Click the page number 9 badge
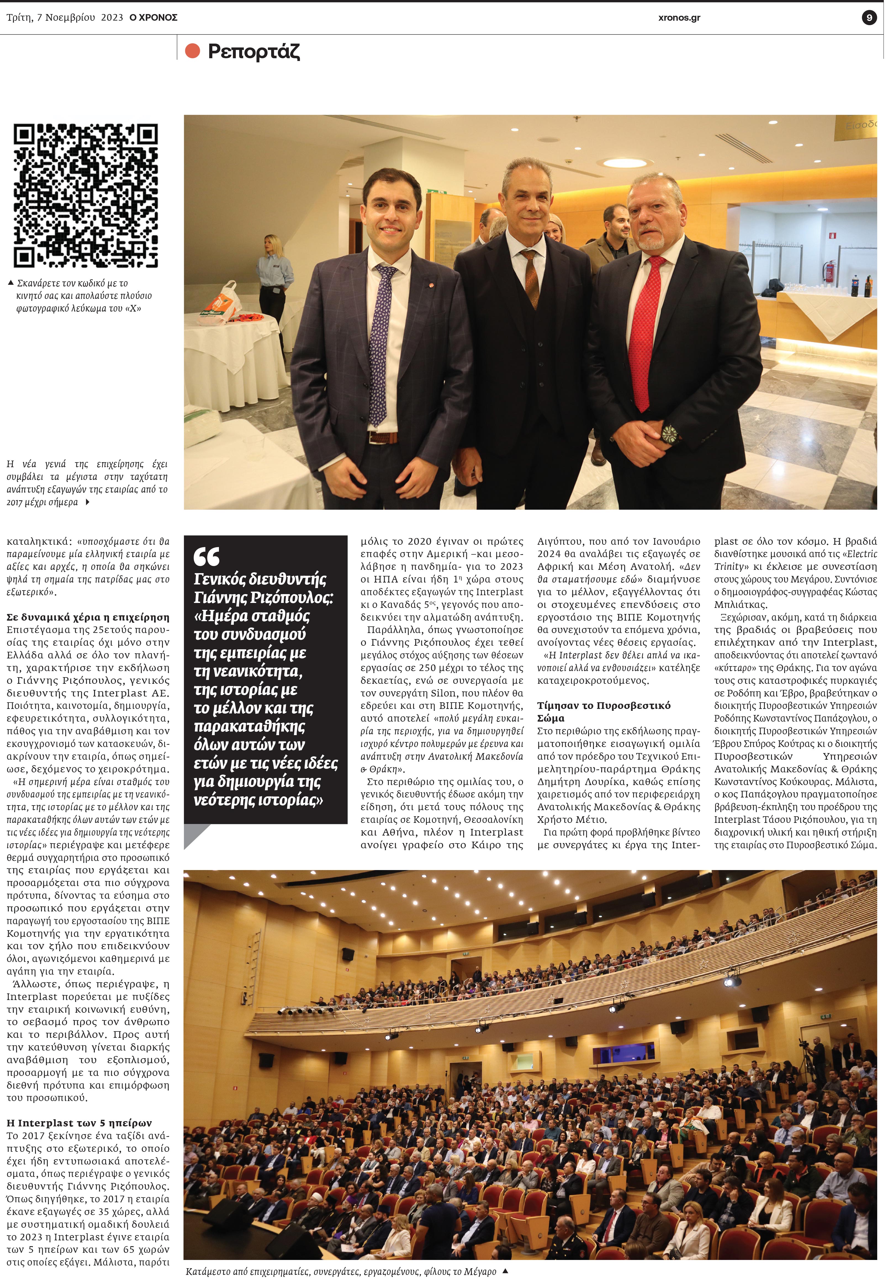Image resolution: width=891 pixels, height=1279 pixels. pyautogui.click(x=869, y=18)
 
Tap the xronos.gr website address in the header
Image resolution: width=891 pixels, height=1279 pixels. pyautogui.click(x=679, y=18)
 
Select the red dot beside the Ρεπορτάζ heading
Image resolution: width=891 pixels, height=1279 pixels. pyautogui.click(x=192, y=51)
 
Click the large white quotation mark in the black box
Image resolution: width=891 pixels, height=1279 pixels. pyautogui.click(x=206, y=556)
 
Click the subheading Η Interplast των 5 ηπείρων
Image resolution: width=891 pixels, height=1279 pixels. pyautogui.click(x=79, y=1123)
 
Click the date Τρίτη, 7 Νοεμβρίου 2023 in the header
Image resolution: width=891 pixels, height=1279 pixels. pyautogui.click(x=65, y=18)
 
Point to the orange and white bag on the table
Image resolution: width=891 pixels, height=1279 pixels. pyautogui.click(x=230, y=304)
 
